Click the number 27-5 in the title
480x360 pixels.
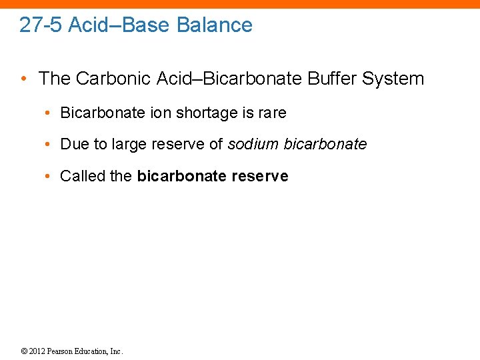click(x=41, y=25)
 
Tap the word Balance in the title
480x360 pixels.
click(x=215, y=25)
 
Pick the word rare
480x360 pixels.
click(x=271, y=113)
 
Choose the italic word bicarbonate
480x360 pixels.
click(x=325, y=145)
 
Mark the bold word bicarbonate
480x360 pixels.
click(x=179, y=177)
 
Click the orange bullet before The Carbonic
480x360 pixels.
click(x=24, y=79)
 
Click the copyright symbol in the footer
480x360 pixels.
click(x=23, y=351)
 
